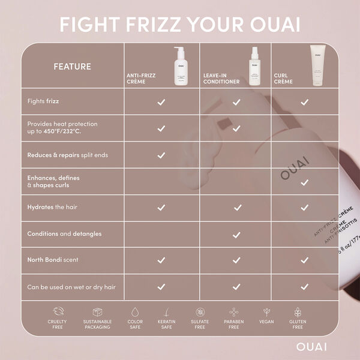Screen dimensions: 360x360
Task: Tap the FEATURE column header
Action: point(72,66)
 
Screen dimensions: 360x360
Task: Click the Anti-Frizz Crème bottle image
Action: point(179,67)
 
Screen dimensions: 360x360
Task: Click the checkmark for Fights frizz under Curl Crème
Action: point(304,102)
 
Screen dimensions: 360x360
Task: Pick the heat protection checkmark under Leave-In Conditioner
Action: point(236,128)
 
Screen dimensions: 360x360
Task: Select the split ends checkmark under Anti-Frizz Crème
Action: point(161,155)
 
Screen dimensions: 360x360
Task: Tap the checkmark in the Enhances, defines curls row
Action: point(304,182)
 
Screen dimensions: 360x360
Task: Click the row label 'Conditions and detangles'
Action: point(64,233)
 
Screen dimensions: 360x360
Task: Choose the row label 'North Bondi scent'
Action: point(53,260)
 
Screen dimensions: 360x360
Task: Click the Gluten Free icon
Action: point(298,313)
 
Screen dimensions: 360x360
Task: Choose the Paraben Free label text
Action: point(233,325)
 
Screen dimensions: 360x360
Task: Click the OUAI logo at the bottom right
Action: point(311,346)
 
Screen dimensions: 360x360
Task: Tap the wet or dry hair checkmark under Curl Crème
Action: point(304,287)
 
